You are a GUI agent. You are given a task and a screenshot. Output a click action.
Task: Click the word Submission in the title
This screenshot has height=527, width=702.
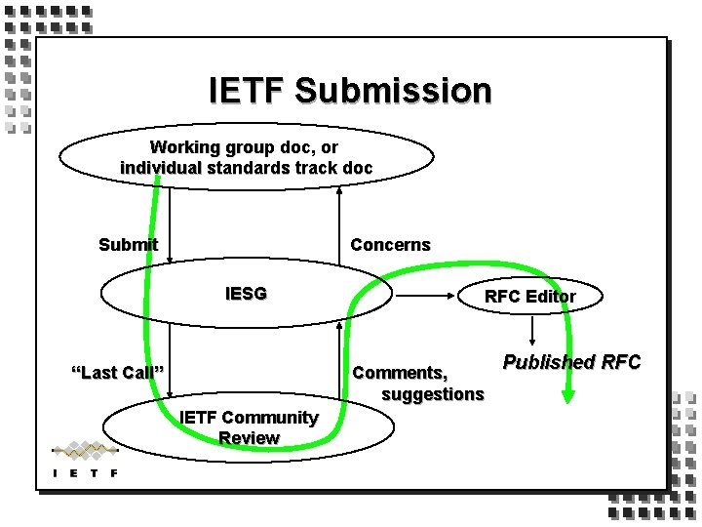(393, 91)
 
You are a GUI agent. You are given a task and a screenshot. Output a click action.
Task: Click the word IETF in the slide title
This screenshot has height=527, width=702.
(249, 91)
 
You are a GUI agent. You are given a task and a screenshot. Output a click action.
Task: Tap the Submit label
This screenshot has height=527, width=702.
(128, 244)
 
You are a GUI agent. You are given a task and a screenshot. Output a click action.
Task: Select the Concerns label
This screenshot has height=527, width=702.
(390, 244)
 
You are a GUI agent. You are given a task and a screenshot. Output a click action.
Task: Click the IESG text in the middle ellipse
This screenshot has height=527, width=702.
(246, 292)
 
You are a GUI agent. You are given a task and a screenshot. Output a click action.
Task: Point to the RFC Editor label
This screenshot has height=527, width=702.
(529, 296)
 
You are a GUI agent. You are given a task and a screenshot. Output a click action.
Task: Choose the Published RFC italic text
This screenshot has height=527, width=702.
(571, 362)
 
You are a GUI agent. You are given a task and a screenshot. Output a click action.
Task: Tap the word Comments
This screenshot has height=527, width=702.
(401, 372)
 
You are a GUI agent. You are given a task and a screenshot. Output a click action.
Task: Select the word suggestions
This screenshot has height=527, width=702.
(432, 393)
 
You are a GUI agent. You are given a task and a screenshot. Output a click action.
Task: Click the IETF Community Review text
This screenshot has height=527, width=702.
(249, 427)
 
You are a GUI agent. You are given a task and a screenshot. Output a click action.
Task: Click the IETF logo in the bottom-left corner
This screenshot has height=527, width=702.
(85, 460)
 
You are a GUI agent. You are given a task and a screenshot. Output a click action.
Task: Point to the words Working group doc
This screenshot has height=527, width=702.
(245, 147)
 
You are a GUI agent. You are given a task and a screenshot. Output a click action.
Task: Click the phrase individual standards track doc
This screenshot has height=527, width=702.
(246, 167)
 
